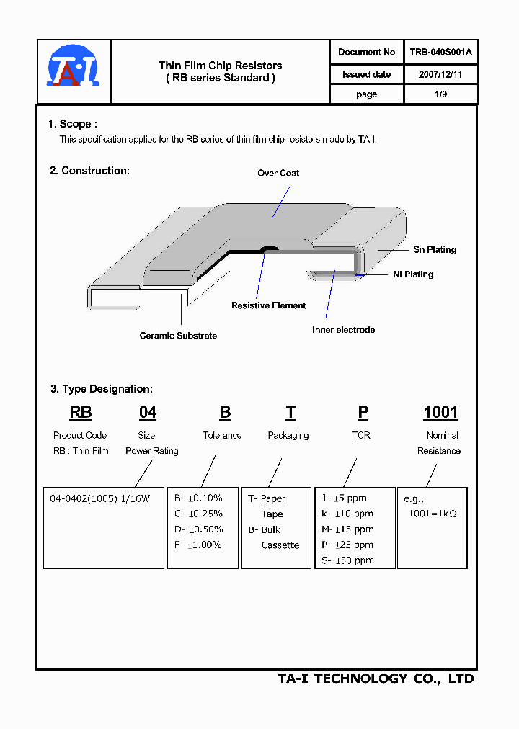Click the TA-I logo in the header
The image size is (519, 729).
pos(73,68)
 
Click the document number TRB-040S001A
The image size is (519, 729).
pos(440,52)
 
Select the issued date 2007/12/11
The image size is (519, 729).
pos(440,74)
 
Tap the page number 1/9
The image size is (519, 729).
pos(440,94)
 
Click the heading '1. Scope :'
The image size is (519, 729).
pos(72,124)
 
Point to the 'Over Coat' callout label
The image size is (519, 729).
pos(278,173)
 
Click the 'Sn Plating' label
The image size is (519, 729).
pos(434,250)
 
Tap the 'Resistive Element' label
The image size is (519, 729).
pos(268,305)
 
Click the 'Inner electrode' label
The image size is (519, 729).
pos(343,330)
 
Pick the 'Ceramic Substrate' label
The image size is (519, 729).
pos(178,336)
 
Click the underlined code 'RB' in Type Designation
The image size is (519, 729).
pos(81,412)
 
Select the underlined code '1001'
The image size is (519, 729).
pos(440,412)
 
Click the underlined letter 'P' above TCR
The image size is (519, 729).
pos(363,412)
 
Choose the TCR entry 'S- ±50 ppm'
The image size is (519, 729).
pos(347,560)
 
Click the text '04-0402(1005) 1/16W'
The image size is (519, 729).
pos(99,498)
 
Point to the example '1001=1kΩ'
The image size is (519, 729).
pos(432,514)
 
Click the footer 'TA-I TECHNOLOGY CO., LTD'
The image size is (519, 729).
pos(376,679)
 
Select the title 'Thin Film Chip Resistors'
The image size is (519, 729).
pos(221,66)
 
